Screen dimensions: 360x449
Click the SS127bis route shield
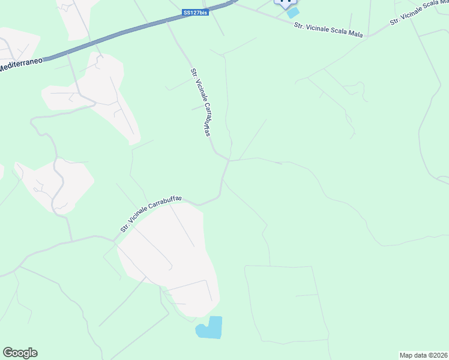pos(196,12)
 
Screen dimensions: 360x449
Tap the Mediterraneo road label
pos(21,65)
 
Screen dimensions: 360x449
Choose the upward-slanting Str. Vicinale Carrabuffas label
pos(151,213)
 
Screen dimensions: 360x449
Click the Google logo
pos(20,353)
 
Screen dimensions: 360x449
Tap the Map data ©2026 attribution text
pos(423,355)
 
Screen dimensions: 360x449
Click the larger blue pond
pos(209,328)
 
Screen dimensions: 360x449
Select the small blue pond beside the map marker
pos(292,13)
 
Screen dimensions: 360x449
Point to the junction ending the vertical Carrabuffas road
pos(229,160)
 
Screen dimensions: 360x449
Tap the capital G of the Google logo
pos(8,353)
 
